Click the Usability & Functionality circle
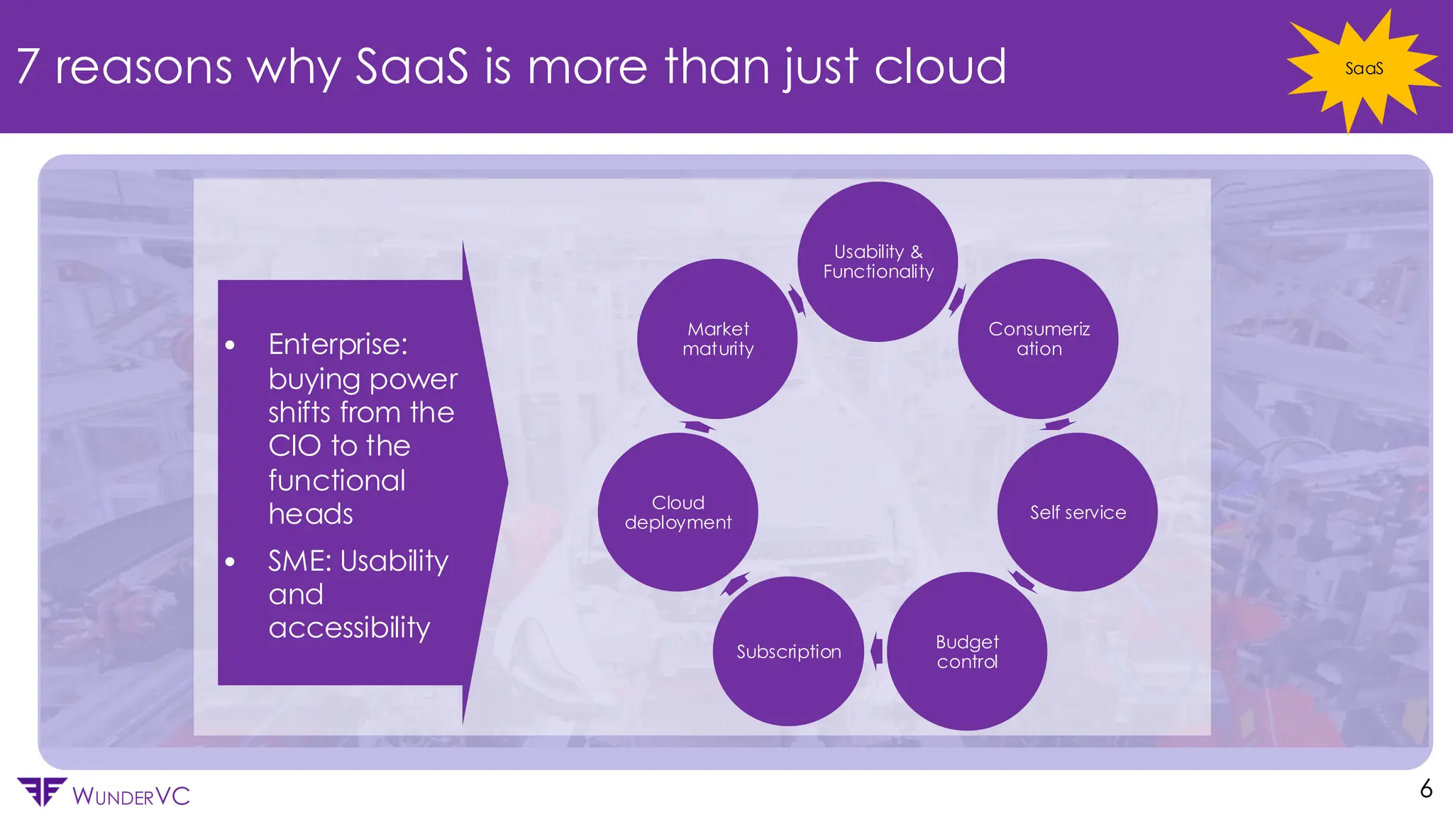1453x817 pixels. [x=878, y=262]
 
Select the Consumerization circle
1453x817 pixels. [x=1038, y=339]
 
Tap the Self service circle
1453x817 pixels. [x=1077, y=512]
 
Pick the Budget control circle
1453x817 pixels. [x=966, y=651]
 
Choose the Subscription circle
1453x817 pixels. [x=788, y=651]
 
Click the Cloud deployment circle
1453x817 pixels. [x=678, y=512]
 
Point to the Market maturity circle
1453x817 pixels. [x=717, y=339]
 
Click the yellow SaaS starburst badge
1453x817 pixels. [x=1363, y=69]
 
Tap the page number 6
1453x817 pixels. [x=1426, y=789]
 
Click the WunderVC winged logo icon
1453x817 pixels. [x=41, y=791]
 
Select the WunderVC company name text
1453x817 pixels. [x=131, y=796]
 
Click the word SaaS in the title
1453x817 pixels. [x=411, y=67]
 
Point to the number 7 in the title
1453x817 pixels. [x=28, y=67]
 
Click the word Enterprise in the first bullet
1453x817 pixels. [x=338, y=345]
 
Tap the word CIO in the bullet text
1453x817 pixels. [x=294, y=446]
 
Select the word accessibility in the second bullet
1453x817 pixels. [x=349, y=628]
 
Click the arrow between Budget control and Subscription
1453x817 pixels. [x=876, y=650]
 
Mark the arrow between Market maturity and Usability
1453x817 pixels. [x=797, y=299]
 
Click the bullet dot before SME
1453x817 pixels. [x=230, y=562]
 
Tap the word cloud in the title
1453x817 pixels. [x=939, y=67]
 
